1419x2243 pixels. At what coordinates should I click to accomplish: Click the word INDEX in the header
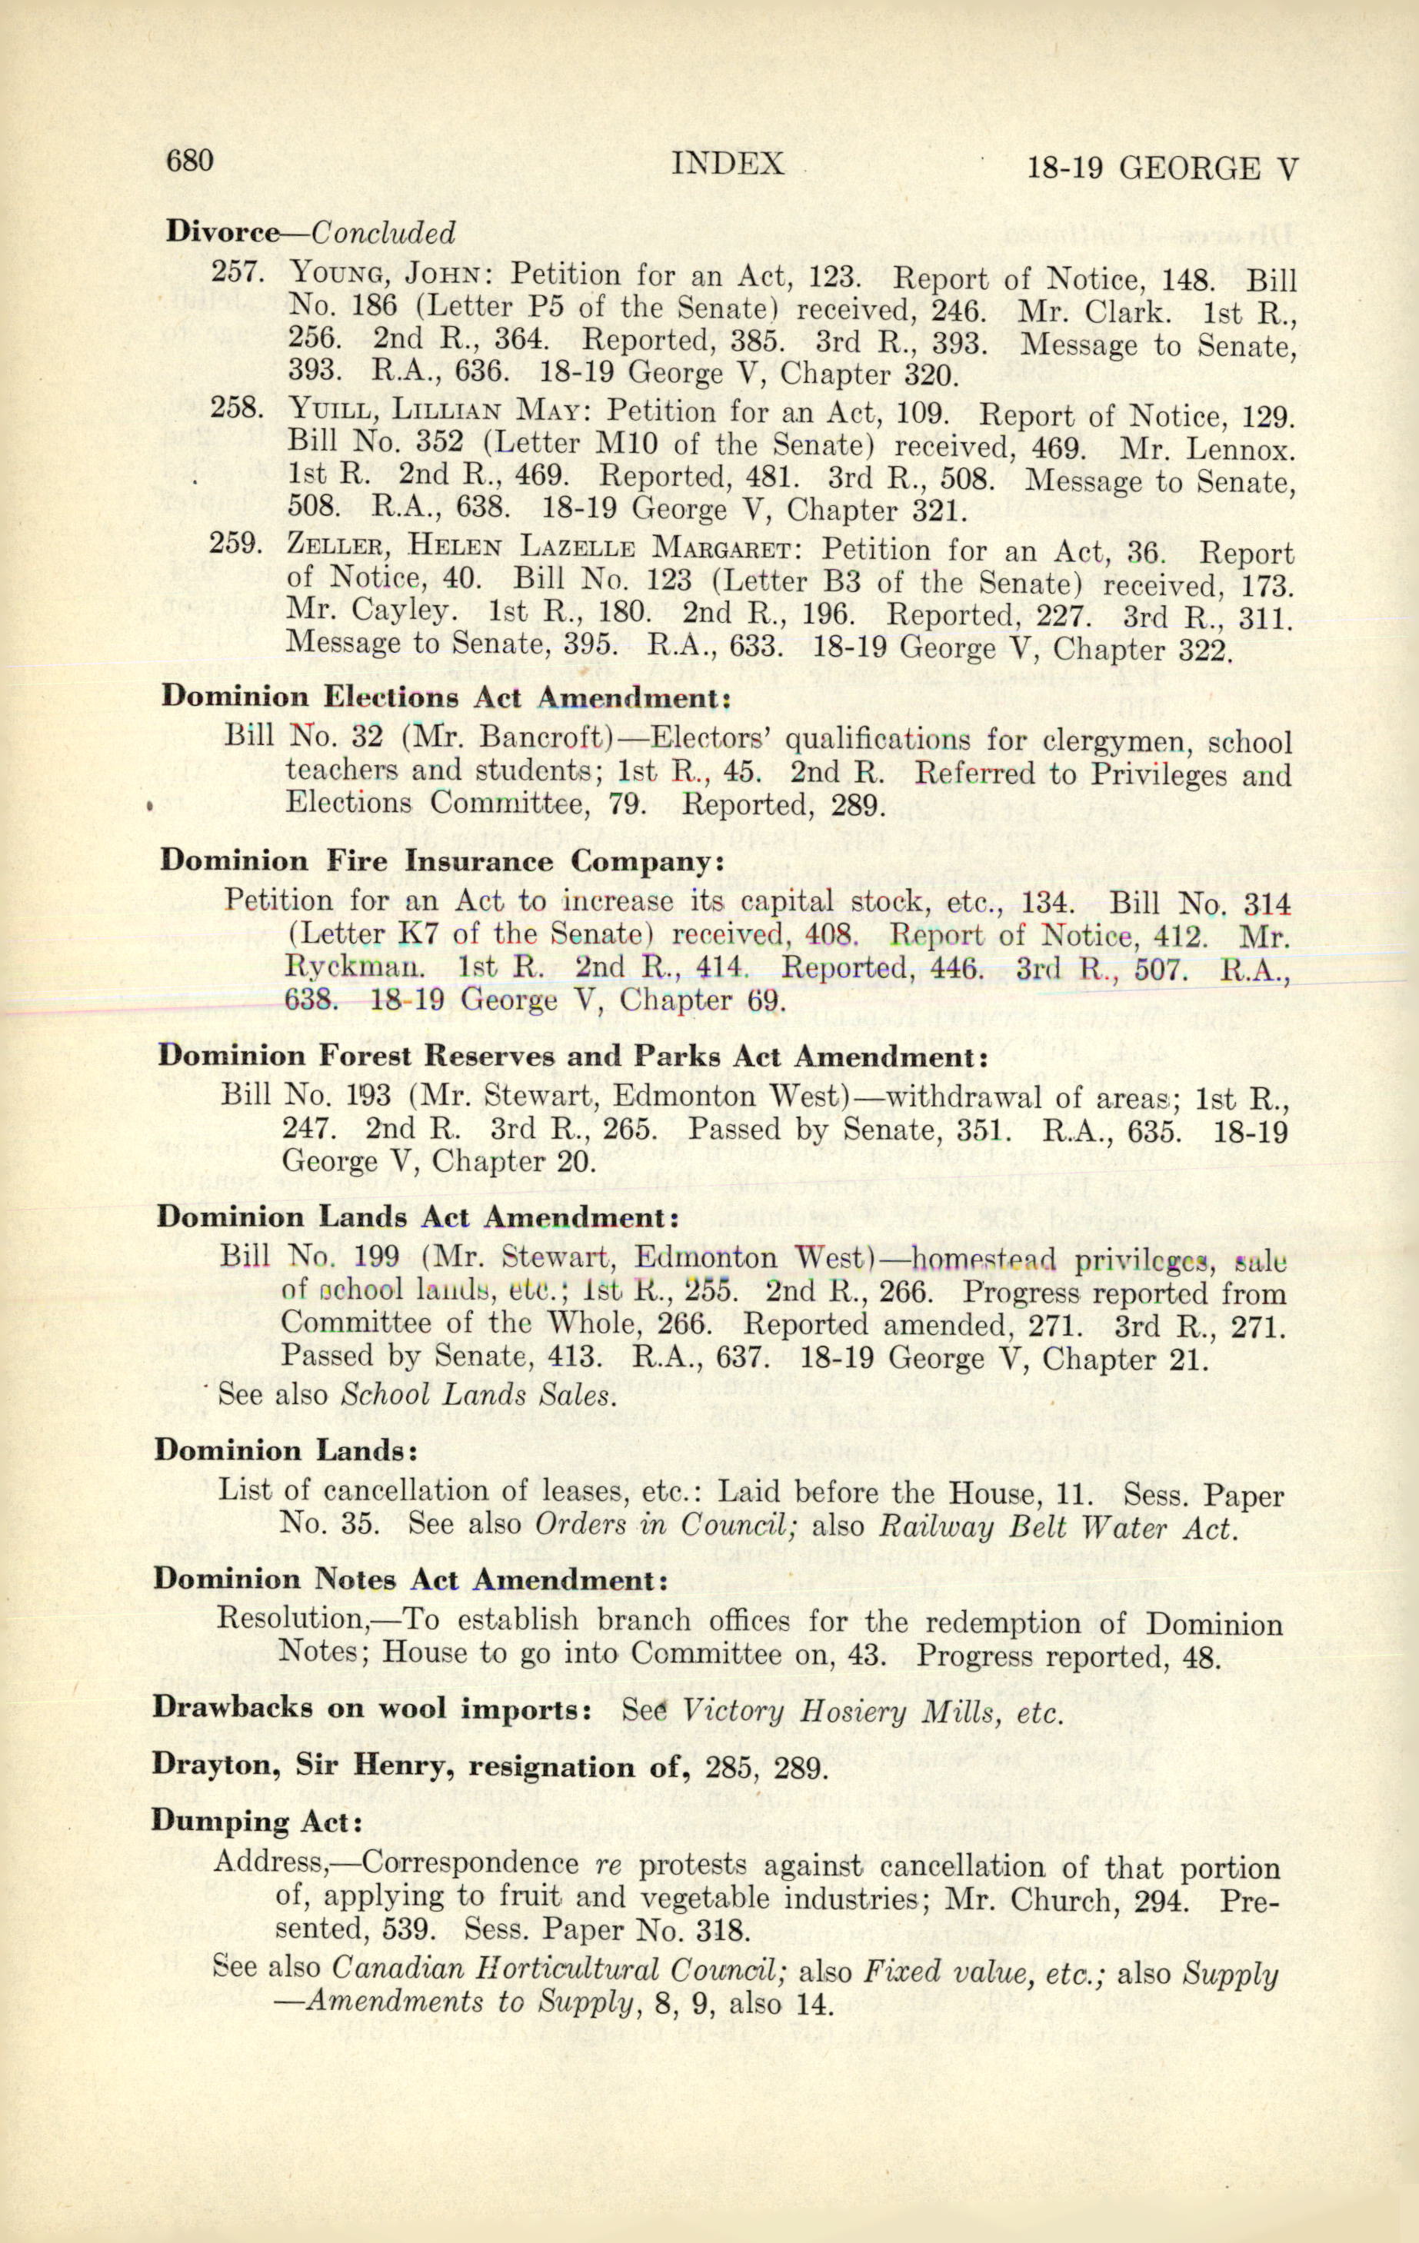(727, 164)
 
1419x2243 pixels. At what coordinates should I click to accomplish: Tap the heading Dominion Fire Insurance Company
(441, 860)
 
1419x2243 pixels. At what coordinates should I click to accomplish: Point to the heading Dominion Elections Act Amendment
(445, 697)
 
